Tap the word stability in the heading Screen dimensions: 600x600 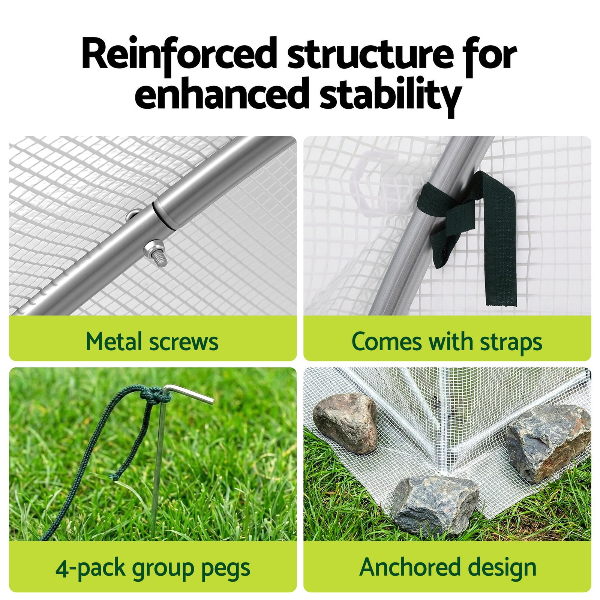tap(390, 94)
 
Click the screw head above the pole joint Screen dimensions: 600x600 tap(133, 216)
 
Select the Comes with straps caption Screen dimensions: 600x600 tap(447, 342)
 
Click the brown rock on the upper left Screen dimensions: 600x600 tap(345, 423)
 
